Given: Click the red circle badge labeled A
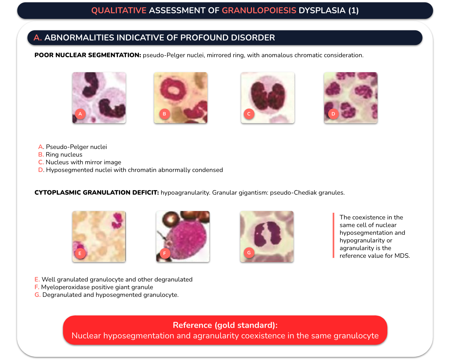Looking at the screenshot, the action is (x=80, y=114).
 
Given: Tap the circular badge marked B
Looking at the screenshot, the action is (x=164, y=114).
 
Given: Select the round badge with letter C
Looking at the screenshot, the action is (x=249, y=114).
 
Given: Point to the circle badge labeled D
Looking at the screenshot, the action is (x=333, y=114).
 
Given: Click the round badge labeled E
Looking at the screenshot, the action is (x=80, y=253).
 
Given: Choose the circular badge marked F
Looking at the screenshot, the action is (x=165, y=253).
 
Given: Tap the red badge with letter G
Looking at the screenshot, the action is (x=249, y=253).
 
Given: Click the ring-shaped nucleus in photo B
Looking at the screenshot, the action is (x=164, y=90).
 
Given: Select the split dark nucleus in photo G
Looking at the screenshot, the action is (x=268, y=233).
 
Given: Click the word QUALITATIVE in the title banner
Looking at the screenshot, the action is (x=119, y=10).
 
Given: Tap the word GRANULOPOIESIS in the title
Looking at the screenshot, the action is (x=259, y=10).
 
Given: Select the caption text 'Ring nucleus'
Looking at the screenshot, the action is (x=64, y=155).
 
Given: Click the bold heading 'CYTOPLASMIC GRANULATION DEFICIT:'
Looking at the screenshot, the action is (x=97, y=193).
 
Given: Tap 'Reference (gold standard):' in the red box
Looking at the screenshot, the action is (x=225, y=325).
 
